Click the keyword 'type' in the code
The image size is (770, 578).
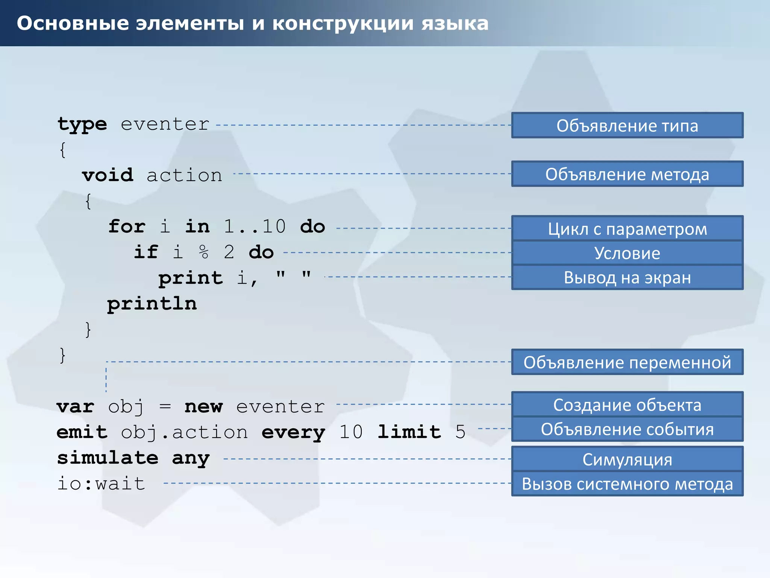coord(82,125)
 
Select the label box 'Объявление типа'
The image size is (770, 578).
coord(627,125)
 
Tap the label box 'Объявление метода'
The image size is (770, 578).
coord(627,174)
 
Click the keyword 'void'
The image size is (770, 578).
coord(108,175)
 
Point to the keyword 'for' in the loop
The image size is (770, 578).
coord(127,227)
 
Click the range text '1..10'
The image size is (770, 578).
coord(255,227)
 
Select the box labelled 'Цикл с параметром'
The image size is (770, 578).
coord(627,228)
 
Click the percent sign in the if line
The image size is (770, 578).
coord(203,252)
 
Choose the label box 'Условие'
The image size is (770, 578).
coord(627,253)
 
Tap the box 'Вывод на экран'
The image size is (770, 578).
coord(627,277)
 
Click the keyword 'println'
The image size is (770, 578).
coord(152,304)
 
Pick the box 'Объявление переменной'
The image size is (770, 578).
coord(627,362)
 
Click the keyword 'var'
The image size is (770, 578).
coord(76,407)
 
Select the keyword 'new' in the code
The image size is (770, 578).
coord(203,407)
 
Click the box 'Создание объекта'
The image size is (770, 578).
coord(627,405)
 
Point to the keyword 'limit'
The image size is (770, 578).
coord(409,432)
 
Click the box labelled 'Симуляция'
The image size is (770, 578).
coord(627,459)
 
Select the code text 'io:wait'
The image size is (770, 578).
coord(101,484)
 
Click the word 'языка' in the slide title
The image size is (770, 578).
coord(455,23)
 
